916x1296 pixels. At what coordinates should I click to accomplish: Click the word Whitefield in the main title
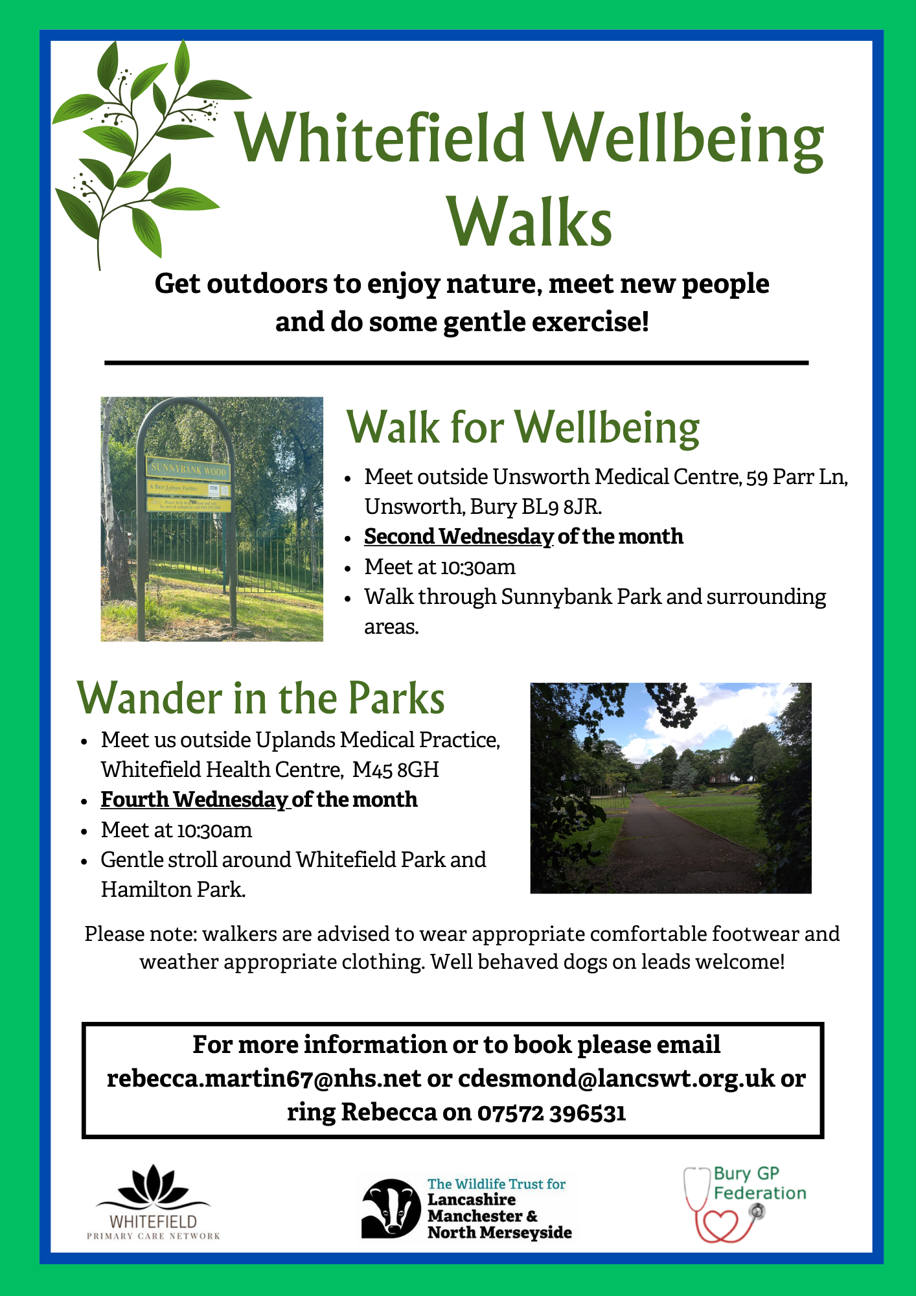point(380,139)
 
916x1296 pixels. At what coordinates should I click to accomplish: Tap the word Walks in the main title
point(530,222)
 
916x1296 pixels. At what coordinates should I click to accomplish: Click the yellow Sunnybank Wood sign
point(189,469)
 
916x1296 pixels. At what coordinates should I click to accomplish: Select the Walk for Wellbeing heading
point(523,428)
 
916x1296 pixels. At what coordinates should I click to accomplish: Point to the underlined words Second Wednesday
point(458,537)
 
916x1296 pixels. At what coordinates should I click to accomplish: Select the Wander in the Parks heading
point(261,699)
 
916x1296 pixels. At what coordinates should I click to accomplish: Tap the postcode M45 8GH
point(396,770)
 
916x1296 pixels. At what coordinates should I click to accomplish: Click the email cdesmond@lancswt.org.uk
point(616,1078)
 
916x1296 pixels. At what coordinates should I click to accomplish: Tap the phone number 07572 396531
point(551,1112)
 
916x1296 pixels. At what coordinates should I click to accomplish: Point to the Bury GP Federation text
point(759,1183)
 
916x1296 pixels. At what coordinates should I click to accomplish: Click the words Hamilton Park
point(172,890)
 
